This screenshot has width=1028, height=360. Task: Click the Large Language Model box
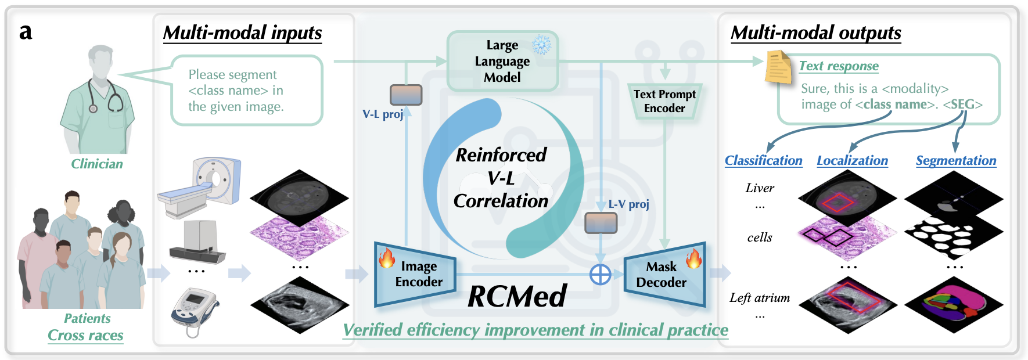click(502, 61)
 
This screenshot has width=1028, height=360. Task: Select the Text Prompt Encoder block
click(664, 101)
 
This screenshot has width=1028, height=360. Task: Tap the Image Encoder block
click(415, 274)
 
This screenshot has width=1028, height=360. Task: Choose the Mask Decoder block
click(664, 274)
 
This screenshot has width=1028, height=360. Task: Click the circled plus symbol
click(600, 274)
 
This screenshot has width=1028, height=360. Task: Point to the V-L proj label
click(383, 114)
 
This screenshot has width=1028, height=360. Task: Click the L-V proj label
click(628, 204)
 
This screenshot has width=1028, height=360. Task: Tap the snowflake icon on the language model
click(542, 45)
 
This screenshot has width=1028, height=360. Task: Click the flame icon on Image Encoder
click(387, 257)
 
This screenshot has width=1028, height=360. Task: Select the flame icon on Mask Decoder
click(693, 258)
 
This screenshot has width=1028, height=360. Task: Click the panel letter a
click(26, 31)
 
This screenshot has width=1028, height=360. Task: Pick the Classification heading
click(763, 160)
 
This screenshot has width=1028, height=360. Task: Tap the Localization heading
click(852, 160)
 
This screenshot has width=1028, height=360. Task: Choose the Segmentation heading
click(955, 160)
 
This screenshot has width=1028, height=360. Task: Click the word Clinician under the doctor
click(97, 164)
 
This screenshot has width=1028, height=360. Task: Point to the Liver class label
click(760, 188)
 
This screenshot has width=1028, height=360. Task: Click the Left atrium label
click(760, 298)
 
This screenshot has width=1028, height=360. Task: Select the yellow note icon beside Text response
click(778, 67)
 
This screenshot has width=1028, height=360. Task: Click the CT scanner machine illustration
click(200, 187)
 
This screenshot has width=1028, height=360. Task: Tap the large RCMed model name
click(517, 296)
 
